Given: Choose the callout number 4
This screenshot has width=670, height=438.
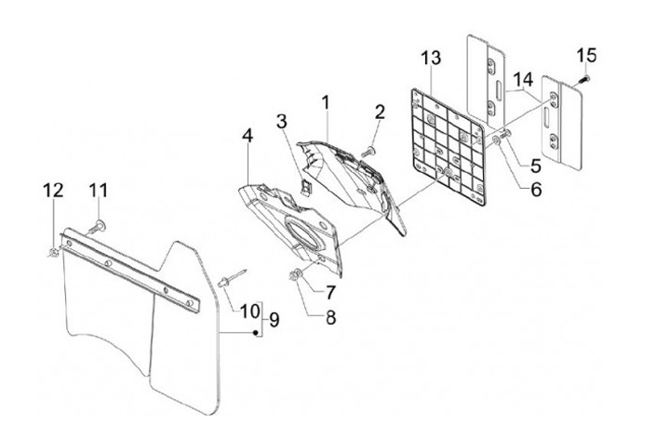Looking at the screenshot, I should (248, 137).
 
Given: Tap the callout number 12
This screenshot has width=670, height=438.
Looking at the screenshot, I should (53, 191).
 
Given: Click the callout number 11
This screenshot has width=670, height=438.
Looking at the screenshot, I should (99, 191).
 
